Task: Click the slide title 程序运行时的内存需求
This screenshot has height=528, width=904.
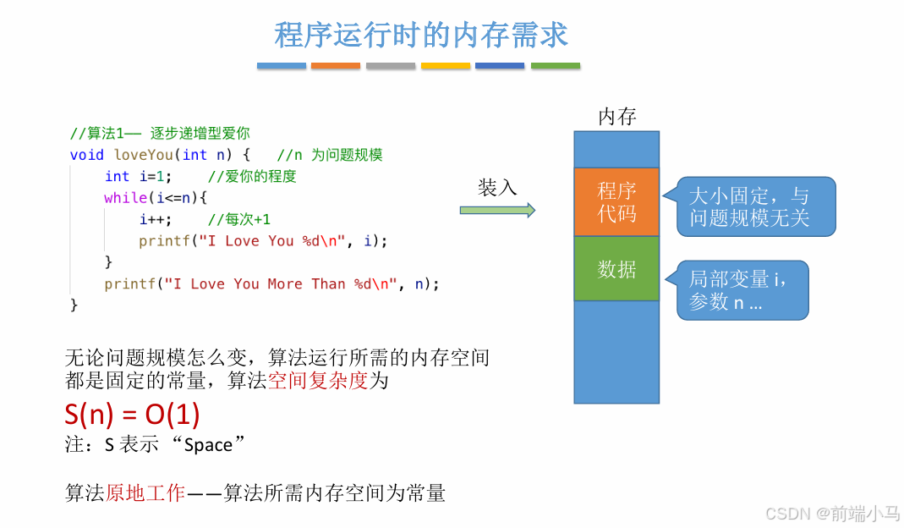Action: tap(421, 35)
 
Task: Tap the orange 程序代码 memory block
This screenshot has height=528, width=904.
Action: tap(616, 202)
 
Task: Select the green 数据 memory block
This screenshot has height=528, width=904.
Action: tap(616, 269)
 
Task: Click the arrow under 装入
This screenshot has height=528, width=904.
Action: tap(497, 210)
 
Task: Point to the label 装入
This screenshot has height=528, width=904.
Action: tap(497, 187)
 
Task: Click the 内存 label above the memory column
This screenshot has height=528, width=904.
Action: tap(616, 117)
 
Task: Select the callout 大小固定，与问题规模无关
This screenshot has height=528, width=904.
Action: tap(749, 206)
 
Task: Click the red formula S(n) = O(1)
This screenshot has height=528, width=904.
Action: tap(132, 414)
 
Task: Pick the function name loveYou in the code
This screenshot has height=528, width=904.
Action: tap(143, 155)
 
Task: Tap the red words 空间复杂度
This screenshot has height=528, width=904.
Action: tap(317, 381)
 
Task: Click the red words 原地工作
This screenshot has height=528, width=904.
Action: tap(145, 493)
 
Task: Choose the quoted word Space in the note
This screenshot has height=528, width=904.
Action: tap(208, 445)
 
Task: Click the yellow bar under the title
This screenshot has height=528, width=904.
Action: tap(446, 65)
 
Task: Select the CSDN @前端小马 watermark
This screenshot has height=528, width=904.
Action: tap(832, 513)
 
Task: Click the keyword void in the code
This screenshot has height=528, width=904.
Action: tap(86, 155)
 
